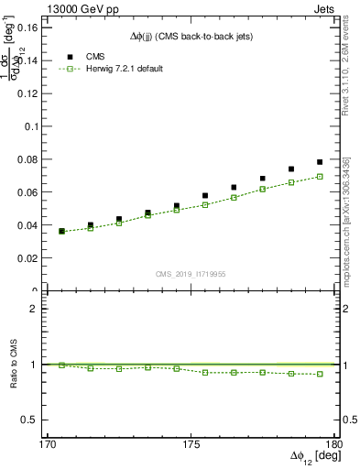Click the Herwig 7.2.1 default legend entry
124,69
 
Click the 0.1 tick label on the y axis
29,126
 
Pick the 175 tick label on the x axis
191,444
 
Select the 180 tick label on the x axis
334,444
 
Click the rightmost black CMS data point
320,162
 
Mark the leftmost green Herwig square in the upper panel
61,231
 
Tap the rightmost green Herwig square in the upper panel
320,176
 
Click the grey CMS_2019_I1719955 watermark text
190,273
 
